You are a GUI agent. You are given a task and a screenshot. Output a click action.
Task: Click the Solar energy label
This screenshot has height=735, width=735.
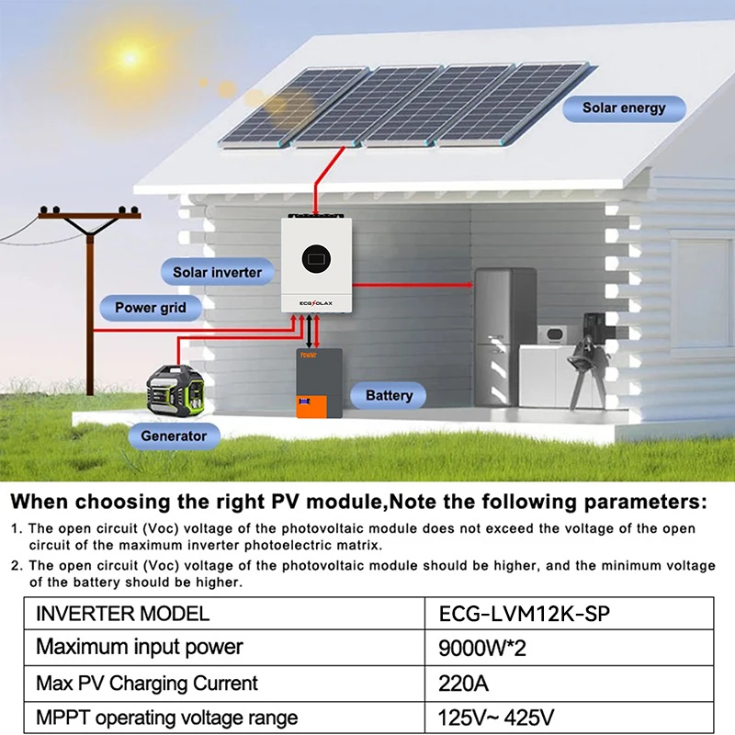point(623,108)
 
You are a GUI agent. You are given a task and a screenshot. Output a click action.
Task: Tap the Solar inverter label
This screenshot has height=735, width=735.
point(217,272)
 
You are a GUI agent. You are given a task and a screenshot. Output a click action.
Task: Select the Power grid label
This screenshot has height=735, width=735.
point(150,308)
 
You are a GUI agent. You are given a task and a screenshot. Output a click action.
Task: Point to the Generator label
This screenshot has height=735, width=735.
point(174,435)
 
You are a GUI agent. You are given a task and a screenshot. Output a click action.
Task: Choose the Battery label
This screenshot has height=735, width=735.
point(389,396)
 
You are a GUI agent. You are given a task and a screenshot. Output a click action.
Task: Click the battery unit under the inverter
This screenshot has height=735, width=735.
point(318,384)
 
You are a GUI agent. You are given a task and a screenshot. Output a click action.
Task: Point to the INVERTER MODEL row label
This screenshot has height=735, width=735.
point(122,613)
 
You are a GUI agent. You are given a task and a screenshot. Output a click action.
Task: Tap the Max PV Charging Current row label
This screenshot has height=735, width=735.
point(147,684)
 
